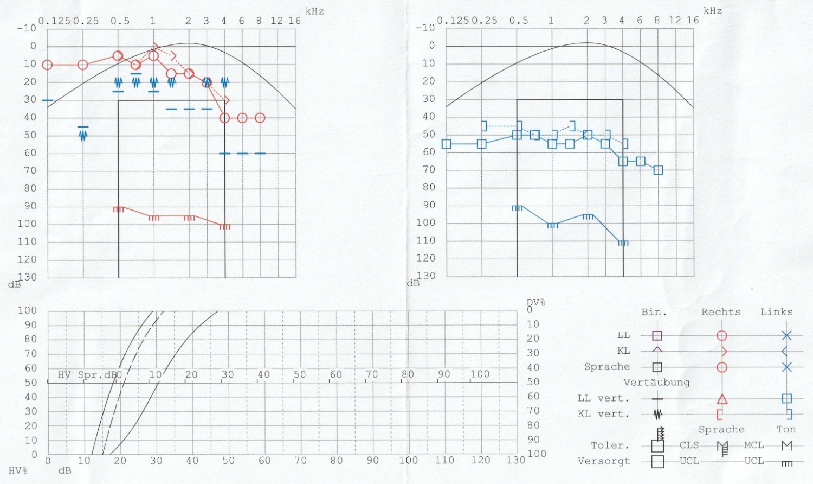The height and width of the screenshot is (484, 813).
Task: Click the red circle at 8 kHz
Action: [260, 118]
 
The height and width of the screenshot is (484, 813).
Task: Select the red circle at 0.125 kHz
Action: [47, 65]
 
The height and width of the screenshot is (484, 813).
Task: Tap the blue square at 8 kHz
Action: [658, 170]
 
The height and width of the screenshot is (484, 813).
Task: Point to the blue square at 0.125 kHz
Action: [446, 144]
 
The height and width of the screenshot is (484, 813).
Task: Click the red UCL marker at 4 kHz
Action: [225, 227]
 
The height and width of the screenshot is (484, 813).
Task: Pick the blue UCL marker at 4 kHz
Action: [623, 243]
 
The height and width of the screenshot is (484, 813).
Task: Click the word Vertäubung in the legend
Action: [656, 383]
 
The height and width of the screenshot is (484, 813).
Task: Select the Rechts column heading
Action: [721, 312]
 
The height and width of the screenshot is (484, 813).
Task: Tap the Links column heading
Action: [776, 312]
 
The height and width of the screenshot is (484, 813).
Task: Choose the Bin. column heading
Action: [654, 312]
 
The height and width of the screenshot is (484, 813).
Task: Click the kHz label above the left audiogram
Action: [315, 11]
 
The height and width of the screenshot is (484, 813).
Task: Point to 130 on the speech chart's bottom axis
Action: [515, 460]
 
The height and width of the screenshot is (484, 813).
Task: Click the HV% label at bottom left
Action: [18, 470]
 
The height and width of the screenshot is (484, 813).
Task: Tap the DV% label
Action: [535, 302]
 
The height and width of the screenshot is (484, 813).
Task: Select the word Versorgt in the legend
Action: [603, 461]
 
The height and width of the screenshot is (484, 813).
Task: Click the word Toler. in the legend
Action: [610, 445]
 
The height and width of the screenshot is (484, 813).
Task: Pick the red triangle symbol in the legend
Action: [722, 399]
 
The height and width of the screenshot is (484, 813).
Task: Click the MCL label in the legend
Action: [754, 445]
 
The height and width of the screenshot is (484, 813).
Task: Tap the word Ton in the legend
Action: [786, 429]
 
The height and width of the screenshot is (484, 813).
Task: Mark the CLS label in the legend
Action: [689, 445]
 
